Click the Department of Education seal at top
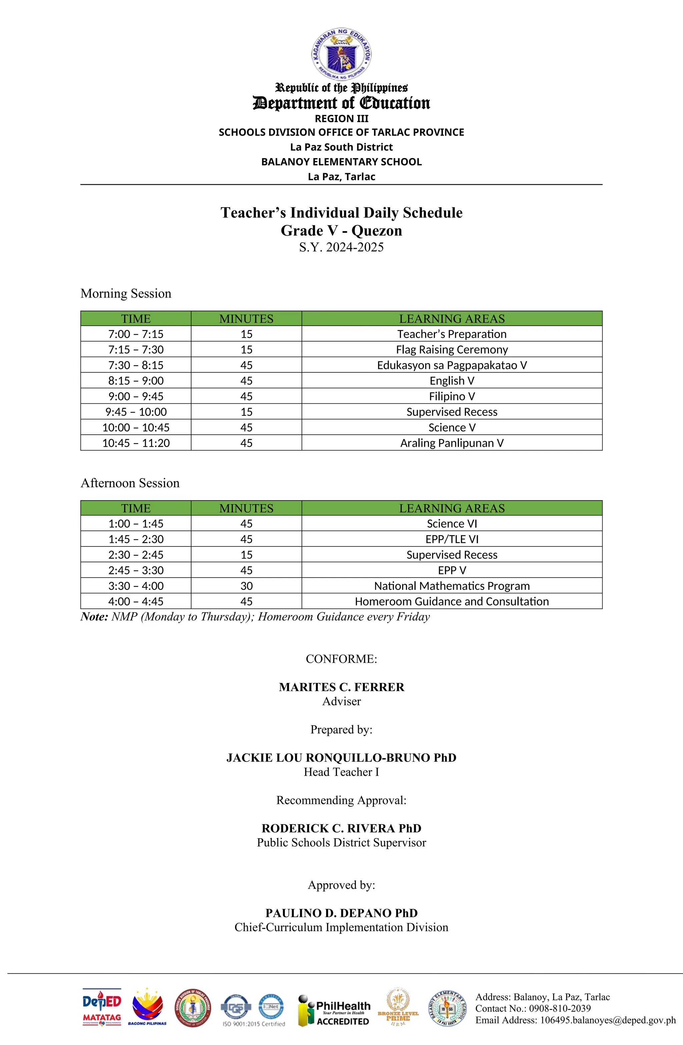pos(341,55)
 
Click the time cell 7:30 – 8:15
pos(136,365)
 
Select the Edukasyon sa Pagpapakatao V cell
pos(451,365)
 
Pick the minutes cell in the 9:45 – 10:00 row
pos(246,411)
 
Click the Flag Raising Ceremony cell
pos(451,350)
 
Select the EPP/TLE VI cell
pos(451,539)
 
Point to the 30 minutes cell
pos(246,586)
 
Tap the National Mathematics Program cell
pos(451,586)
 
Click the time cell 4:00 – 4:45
pos(136,601)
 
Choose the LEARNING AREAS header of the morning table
pos(451,318)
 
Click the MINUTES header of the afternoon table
pos(246,508)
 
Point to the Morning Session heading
pos(126,293)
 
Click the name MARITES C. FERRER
pos(341,687)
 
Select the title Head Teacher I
pos(341,772)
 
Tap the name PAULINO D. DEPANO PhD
pos(341,913)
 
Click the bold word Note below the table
pos(94,617)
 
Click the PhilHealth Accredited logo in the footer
pos(334,1011)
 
